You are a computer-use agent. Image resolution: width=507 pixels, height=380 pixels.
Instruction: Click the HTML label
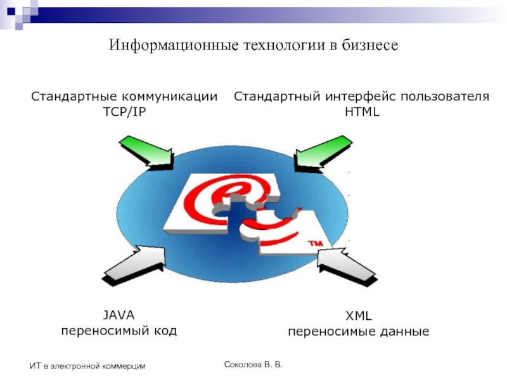(x=362, y=112)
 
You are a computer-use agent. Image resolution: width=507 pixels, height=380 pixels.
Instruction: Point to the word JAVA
(x=119, y=315)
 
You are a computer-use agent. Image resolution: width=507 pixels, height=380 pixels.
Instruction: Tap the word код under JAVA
(x=166, y=331)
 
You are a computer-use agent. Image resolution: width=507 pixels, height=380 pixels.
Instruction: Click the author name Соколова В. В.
(x=253, y=365)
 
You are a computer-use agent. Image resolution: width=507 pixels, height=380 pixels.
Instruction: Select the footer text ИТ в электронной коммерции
(x=88, y=366)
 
